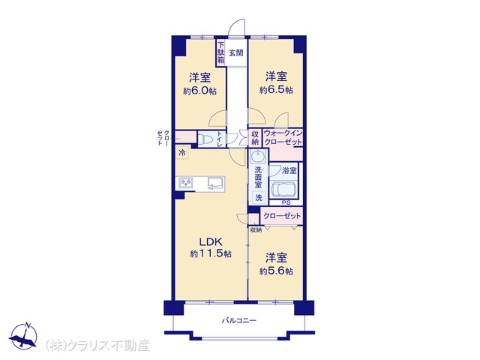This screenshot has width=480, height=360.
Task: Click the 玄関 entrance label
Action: [x=236, y=52]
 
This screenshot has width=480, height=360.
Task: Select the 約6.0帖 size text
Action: [x=200, y=91]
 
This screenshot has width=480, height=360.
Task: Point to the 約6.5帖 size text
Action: [x=276, y=90]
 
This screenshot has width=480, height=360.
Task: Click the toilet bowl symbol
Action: [x=205, y=139]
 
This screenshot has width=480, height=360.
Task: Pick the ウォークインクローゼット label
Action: [x=283, y=138]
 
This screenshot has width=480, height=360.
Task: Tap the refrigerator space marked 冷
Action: [x=182, y=153]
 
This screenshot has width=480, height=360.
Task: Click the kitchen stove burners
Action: [x=186, y=183]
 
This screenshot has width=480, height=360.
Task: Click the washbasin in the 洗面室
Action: [x=258, y=157]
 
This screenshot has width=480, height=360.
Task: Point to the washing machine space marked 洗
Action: [x=259, y=197]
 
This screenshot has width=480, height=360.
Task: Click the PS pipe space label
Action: [x=286, y=202]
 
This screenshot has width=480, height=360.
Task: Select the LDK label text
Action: [x=211, y=241]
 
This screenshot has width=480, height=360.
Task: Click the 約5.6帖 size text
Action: [x=276, y=271]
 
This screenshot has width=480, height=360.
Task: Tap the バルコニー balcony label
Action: [x=239, y=320]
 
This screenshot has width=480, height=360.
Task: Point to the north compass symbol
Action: [x=23, y=336]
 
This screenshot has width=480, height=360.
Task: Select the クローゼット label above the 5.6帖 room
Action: [x=282, y=216]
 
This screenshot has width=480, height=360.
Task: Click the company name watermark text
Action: [x=98, y=346]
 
